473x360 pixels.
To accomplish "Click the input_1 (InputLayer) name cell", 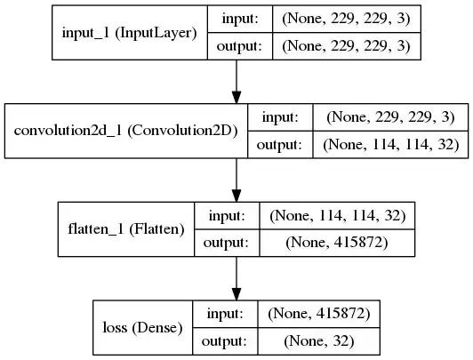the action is click(130, 33).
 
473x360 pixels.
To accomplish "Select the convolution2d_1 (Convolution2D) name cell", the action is click(126, 131).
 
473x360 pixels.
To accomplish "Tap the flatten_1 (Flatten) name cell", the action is click(126, 229).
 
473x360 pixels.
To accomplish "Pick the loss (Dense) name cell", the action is click(142, 327).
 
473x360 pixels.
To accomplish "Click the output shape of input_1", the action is click(347, 46).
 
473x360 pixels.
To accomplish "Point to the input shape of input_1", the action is click(347, 19).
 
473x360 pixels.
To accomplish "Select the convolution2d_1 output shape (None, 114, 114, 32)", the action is click(390, 144).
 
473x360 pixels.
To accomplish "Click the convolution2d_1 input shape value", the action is click(390, 117).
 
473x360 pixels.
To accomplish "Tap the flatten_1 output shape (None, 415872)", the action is click(337, 243).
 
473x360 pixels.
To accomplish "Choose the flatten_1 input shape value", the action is click(337, 216).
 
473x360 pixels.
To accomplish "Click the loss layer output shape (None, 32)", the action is click(319, 341).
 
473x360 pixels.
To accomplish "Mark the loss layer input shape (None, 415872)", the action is click(319, 314).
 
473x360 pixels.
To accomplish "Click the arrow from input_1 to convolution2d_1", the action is click(236, 82).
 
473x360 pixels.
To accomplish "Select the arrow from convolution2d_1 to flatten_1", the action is click(236, 180).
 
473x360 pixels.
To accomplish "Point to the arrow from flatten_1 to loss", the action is click(236, 278).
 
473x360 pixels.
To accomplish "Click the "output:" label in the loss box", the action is click(225, 341).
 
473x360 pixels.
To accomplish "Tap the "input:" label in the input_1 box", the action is click(240, 19).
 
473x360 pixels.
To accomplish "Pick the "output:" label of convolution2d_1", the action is click(280, 145).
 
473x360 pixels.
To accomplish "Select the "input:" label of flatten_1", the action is click(227, 216).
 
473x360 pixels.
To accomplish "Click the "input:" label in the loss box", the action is click(225, 314).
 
